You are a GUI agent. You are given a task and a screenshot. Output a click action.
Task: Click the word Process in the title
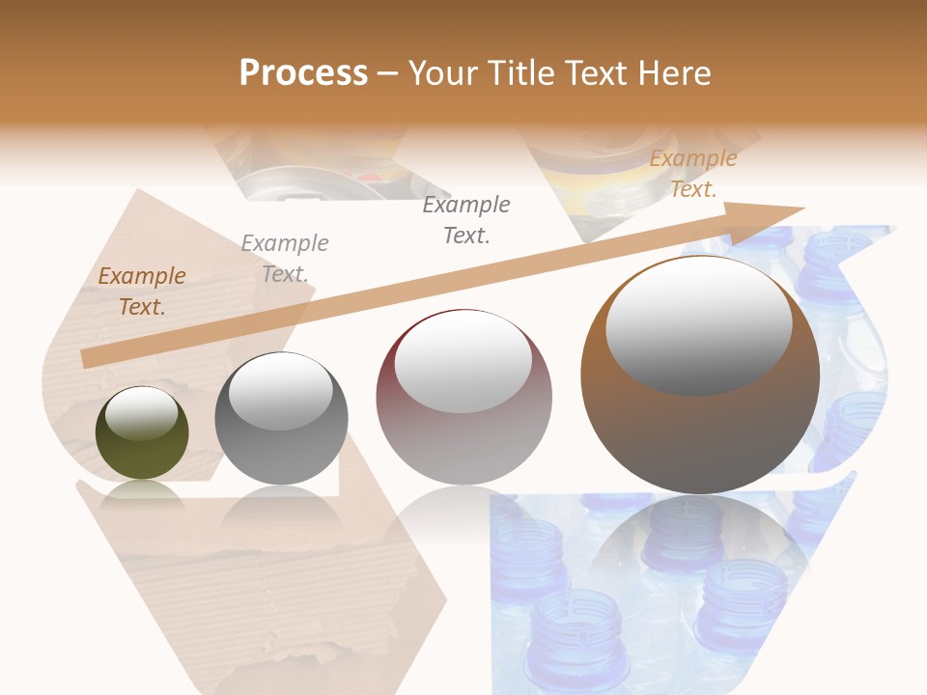pyautogui.click(x=303, y=72)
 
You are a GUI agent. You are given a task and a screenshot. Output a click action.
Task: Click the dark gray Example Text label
pyautogui.click(x=466, y=219)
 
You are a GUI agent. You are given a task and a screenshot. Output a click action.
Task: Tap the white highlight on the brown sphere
pyautogui.click(x=698, y=325)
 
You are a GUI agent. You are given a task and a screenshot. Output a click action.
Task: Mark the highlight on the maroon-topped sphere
pyautogui.click(x=463, y=361)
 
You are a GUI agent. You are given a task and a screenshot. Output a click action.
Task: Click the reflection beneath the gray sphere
pyautogui.click(x=281, y=507)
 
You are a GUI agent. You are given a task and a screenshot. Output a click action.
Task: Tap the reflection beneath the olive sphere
pyautogui.click(x=142, y=493)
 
